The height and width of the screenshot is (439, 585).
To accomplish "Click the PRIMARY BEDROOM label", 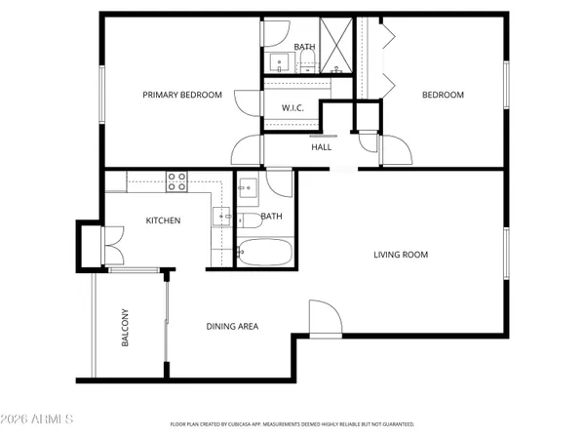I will click(182, 95).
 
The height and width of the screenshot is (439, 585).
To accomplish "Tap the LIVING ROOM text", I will click(401, 255).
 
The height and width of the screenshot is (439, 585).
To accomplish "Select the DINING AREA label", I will click(232, 326).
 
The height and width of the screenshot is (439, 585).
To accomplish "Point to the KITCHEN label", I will click(163, 220).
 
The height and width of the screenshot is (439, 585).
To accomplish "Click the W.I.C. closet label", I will click(293, 108).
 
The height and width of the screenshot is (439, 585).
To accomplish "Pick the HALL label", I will click(321, 147).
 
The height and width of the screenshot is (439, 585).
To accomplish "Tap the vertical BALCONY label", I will click(126, 328).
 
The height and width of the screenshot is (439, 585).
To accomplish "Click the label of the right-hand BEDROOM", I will click(442, 95).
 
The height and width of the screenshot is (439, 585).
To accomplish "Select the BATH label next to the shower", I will click(305, 46).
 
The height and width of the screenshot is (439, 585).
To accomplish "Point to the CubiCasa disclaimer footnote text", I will click(292, 425).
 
